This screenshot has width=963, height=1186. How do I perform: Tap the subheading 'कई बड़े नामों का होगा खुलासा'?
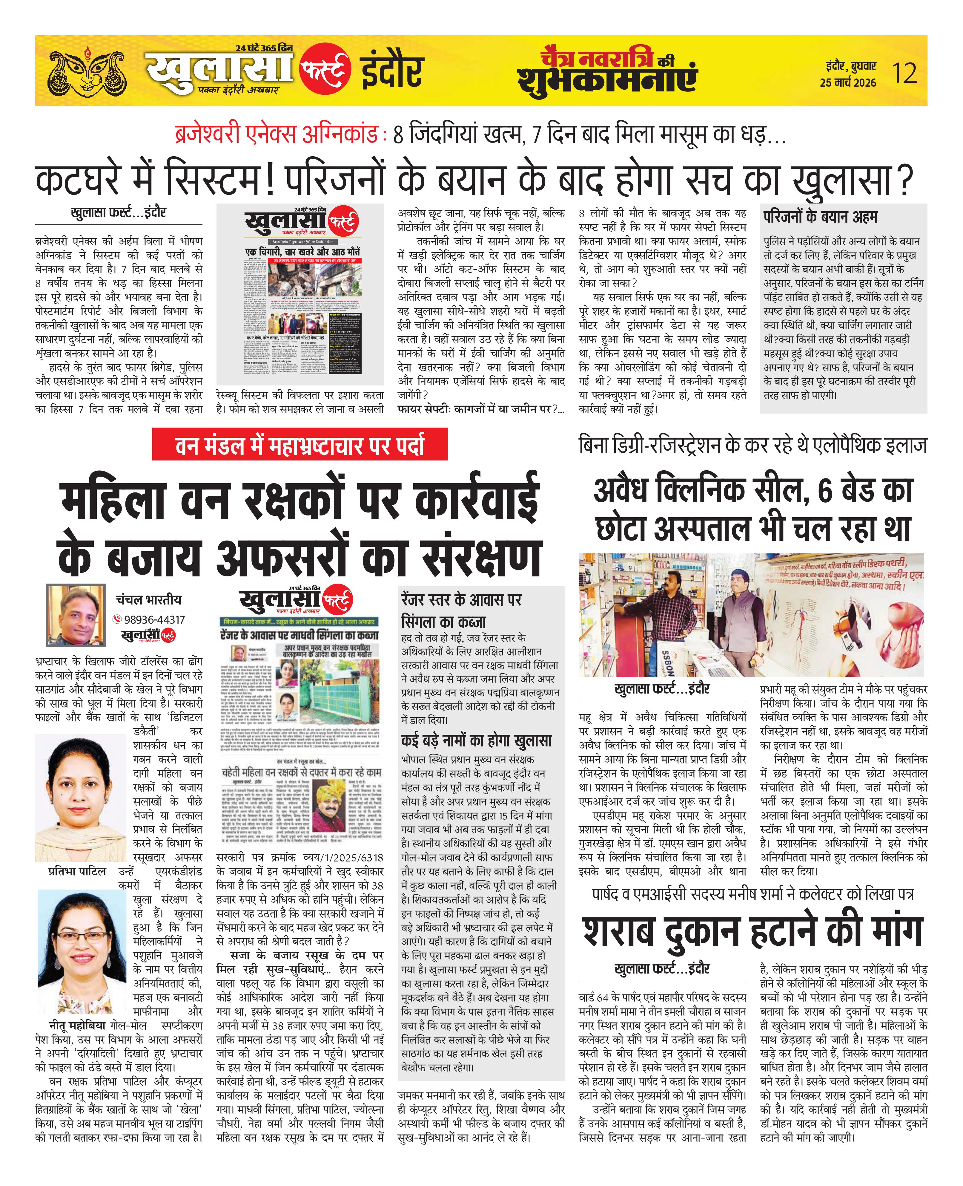coord(476,741)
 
